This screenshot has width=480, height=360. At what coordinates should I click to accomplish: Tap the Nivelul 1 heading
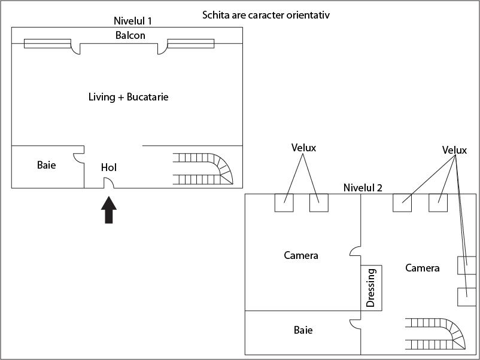click(x=132, y=21)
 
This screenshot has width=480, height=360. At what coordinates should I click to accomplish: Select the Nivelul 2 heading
click(x=363, y=188)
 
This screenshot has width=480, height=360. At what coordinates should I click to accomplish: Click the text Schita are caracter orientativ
click(x=266, y=14)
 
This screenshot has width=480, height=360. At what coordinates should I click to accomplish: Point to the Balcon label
click(x=130, y=35)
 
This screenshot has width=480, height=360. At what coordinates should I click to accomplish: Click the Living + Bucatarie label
click(x=128, y=97)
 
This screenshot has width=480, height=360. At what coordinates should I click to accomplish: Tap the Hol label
click(x=108, y=167)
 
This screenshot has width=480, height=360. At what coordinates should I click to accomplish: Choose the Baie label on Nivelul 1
click(x=46, y=164)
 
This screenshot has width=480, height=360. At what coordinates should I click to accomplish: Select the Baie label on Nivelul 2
click(x=303, y=330)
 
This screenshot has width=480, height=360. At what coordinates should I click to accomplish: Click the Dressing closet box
click(x=371, y=288)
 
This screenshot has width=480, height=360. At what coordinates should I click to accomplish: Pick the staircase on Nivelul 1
click(x=203, y=169)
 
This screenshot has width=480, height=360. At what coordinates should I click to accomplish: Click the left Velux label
click(x=303, y=147)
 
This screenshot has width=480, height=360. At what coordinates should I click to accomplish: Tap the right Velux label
click(x=454, y=150)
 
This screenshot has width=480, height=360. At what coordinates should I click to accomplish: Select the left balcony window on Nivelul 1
click(x=47, y=43)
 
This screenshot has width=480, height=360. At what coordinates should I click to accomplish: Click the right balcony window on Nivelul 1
click(x=190, y=43)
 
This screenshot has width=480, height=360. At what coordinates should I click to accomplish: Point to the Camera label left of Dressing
click(x=300, y=255)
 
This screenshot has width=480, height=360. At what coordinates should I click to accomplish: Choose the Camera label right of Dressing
click(x=422, y=268)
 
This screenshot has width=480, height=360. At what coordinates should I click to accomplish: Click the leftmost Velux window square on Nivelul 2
click(x=284, y=203)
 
